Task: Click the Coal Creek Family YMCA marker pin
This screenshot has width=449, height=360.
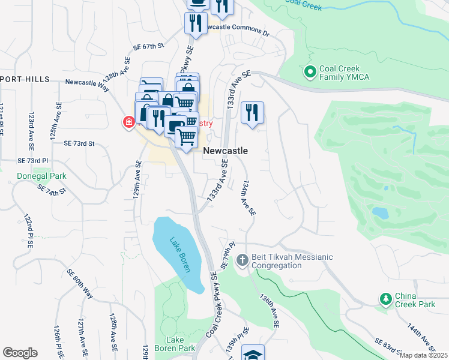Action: point(310,73)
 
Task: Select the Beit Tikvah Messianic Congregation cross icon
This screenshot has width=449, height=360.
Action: point(243,261)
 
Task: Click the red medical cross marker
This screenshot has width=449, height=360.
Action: point(128,123)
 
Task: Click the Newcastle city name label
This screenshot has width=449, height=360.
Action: point(226,151)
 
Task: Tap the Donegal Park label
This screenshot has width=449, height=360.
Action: point(41,176)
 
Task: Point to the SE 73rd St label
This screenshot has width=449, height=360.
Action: point(80,143)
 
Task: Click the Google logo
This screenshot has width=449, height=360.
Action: point(20,353)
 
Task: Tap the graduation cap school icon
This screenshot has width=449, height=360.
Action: point(253,353)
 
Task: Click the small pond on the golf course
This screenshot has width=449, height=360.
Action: point(380,212)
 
